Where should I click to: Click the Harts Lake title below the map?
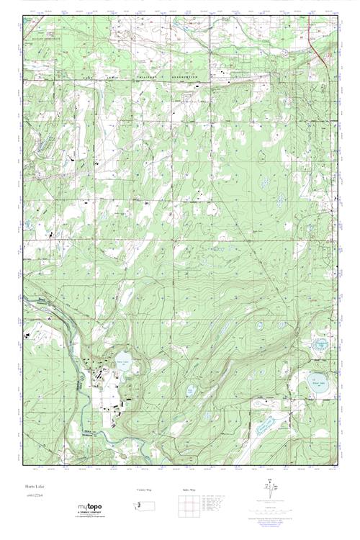(x=30, y=487)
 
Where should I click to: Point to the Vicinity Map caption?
(x=145, y=489)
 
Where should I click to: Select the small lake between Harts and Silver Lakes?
(x=190, y=390)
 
